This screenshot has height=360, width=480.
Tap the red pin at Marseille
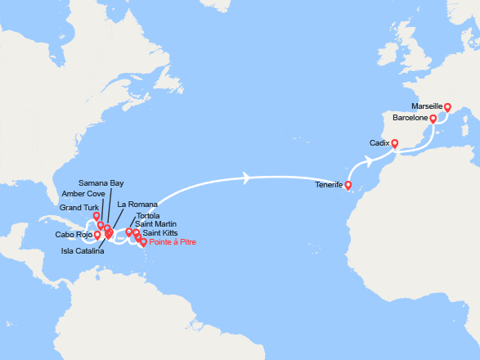[x=447, y=107]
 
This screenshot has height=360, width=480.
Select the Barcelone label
[x=410, y=119]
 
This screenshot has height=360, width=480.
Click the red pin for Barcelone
[x=433, y=119]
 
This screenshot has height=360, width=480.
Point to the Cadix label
[x=379, y=143]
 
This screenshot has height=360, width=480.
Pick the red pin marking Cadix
[x=394, y=144]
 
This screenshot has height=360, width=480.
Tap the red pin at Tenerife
[x=348, y=186]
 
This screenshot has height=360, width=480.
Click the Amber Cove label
[x=83, y=195]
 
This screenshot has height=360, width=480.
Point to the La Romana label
[x=132, y=204]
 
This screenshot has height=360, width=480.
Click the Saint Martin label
[x=154, y=224]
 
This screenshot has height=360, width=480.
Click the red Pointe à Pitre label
[x=173, y=242]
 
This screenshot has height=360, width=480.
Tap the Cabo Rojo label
[x=73, y=235]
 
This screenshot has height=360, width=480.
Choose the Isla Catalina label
[x=83, y=250]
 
